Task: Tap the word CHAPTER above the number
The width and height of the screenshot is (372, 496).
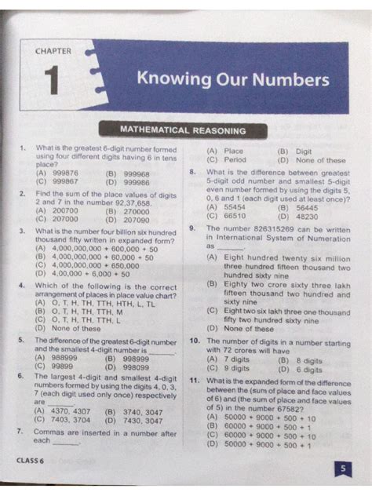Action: pyautogui.click(x=53, y=51)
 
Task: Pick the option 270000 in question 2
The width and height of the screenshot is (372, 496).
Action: pyautogui.click(x=136, y=211)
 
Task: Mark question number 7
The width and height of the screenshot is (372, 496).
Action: pyautogui.click(x=19, y=432)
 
